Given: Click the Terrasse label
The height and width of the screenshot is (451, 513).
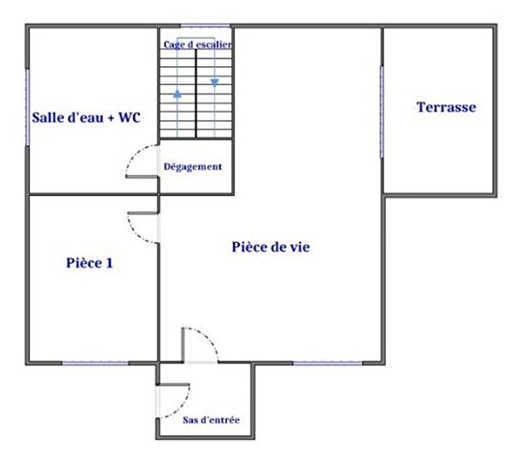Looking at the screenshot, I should pos(446,107).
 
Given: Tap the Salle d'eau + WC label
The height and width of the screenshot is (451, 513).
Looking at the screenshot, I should pos(86,117).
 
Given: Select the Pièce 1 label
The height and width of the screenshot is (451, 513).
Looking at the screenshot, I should pos(89,263).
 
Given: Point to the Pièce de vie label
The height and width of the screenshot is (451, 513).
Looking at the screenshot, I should pos(271,247).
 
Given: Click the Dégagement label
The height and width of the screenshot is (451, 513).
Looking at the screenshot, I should pos(193,167).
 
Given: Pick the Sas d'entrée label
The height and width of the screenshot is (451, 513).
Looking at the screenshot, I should pos(211,420).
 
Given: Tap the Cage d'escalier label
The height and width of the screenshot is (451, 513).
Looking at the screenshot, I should pos(198,45).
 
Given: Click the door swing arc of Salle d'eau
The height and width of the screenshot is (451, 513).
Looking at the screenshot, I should pos(137,163).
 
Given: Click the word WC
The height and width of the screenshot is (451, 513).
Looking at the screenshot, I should pos(129,117).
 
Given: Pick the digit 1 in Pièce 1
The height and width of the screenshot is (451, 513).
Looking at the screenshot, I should pos(109,263).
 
